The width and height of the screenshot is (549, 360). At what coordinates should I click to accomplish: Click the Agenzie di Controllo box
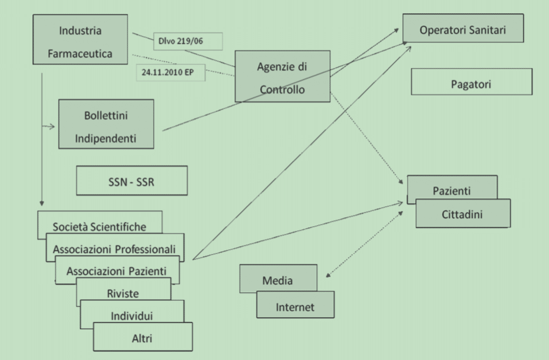(282, 76)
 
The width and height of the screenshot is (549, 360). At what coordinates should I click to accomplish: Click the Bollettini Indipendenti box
(106, 124)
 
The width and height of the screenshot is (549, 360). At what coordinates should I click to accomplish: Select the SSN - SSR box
(132, 180)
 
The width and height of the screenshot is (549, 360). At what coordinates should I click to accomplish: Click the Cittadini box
(462, 214)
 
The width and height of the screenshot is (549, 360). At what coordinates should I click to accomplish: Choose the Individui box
(132, 314)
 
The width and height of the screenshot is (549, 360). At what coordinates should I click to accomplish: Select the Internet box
(295, 306)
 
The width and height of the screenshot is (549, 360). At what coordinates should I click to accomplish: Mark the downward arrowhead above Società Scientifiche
(41, 204)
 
